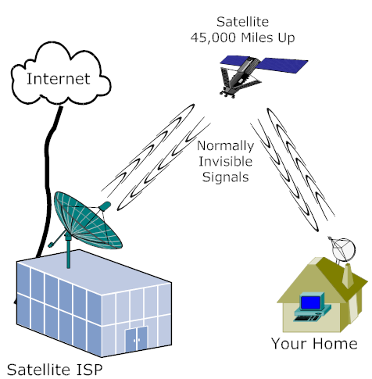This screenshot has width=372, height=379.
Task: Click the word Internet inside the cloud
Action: tap(59, 79)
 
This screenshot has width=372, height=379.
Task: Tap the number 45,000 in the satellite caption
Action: tap(213, 38)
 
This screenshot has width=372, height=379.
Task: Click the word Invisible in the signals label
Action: tap(226, 161)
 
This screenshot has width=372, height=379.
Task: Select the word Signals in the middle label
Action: tap(226, 177)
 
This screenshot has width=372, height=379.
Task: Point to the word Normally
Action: tap(226, 146)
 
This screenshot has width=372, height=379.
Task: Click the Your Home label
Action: tap(314, 344)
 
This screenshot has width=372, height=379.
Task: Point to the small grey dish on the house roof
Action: tap(343, 250)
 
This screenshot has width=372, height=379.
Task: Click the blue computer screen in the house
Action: tap(310, 302)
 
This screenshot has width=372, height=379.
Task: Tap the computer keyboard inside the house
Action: tap(307, 318)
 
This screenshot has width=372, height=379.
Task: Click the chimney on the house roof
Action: tap(348, 275)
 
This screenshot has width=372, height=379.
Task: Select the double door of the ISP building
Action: tap(136, 339)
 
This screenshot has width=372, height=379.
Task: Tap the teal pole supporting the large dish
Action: tap(68, 252)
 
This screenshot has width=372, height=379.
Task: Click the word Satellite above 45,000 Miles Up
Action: tap(242, 22)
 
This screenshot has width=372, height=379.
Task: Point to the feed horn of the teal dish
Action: tap(106, 206)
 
